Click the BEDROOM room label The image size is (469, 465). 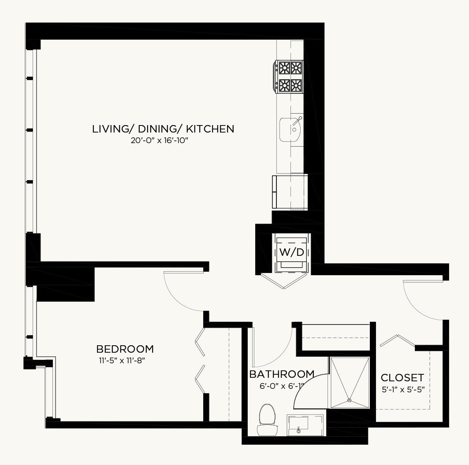125,349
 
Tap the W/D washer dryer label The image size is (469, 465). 292,252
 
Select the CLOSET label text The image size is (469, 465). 402,377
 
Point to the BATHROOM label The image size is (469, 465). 282,374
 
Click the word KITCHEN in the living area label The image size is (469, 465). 210,129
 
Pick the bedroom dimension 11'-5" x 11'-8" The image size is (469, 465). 122,360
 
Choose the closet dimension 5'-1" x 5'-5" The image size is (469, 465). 403,389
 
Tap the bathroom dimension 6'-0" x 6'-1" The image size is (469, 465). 282,386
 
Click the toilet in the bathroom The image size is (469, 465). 267,420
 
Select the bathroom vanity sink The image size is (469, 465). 305,425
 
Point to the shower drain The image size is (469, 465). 349,400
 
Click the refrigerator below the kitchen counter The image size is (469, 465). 290,192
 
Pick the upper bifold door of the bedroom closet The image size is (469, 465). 200,342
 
